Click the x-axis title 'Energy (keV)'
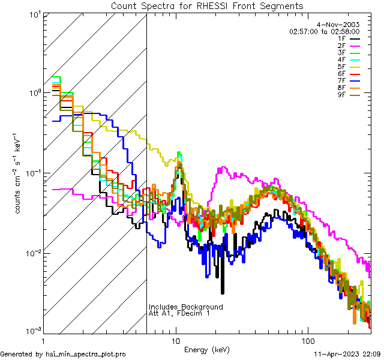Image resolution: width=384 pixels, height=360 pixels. (207, 349)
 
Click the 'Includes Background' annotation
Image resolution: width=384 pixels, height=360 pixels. (186, 307)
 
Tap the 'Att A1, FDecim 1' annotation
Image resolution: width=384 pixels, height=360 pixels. (179, 313)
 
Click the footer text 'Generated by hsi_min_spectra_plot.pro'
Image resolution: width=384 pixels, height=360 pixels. (63, 354)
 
